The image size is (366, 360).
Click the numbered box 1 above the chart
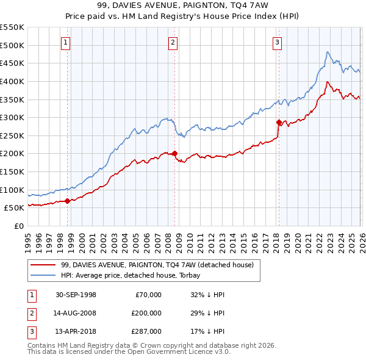[x=65, y=43]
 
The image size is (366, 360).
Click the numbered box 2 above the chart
[x=173, y=43]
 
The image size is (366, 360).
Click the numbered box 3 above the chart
[x=277, y=43]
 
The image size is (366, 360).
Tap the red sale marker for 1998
[x=67, y=201]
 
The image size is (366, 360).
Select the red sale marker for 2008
[x=174, y=154]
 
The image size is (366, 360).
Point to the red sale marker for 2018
[x=279, y=122]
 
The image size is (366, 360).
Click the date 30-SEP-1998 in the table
[x=76, y=295]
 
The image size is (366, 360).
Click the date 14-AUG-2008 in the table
[x=76, y=313]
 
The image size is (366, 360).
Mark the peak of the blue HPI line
[x=328, y=52]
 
